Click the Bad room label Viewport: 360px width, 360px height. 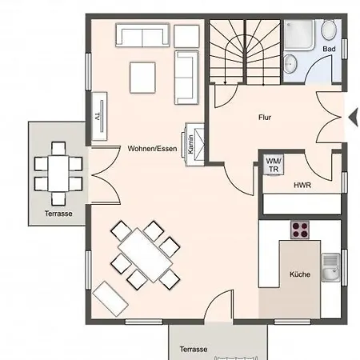pos(329,49)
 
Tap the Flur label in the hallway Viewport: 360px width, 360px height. pos(265,118)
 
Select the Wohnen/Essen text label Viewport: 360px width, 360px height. pos(152,149)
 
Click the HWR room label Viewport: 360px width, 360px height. pos(302,185)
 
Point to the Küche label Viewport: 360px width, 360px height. pos(300,274)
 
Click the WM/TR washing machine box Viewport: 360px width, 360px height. pos(274,165)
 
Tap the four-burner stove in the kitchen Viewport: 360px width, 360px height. pos(300,230)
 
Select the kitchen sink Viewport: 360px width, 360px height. pos(330,267)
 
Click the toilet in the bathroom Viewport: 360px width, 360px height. pos(328,30)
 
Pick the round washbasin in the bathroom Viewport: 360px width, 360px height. pos(290,64)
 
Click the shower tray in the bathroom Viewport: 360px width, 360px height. pos(299,34)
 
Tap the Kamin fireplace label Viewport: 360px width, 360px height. pos(190,145)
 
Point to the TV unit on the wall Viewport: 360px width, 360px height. pos(99,116)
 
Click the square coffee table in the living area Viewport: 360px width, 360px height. pos(142,78)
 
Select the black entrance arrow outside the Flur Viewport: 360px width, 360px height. pos(354,118)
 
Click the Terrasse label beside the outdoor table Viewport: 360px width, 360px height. pos(58,214)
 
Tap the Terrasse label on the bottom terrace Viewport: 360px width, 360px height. pos(194,349)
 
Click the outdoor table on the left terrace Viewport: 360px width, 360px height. pos(58,174)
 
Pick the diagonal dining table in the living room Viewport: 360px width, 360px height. pos(146,255)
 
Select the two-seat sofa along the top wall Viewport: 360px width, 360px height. pos(142,35)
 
